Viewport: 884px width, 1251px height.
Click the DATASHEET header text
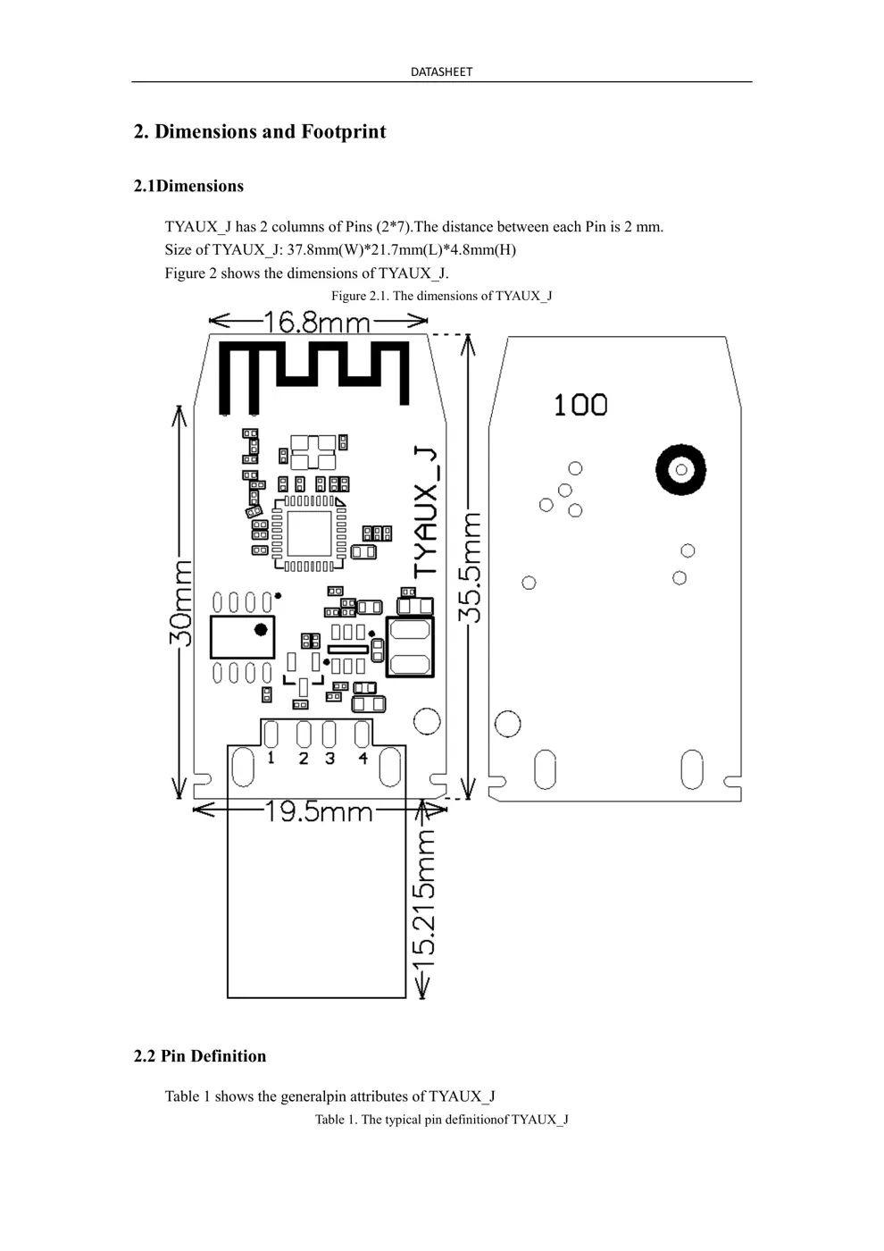point(441,71)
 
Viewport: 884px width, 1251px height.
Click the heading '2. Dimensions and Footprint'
point(260,132)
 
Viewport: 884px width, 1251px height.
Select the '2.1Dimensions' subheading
point(188,186)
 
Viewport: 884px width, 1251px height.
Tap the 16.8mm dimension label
point(317,322)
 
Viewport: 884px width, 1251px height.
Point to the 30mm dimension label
point(180,603)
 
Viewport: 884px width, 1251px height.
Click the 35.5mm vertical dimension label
point(470,567)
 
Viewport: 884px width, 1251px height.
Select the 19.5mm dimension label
point(319,811)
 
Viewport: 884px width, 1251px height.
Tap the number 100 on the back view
point(580,405)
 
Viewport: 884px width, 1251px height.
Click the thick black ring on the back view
point(680,469)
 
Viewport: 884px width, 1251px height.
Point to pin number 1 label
point(271,758)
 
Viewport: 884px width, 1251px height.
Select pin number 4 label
point(363,758)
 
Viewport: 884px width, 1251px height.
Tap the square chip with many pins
point(309,533)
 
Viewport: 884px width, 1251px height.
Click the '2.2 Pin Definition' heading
point(200,1056)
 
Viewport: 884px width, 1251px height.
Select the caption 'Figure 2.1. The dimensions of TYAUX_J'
point(441,296)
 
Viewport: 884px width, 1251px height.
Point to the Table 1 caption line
point(441,1120)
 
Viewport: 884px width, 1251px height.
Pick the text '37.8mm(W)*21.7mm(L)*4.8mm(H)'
point(401,250)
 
